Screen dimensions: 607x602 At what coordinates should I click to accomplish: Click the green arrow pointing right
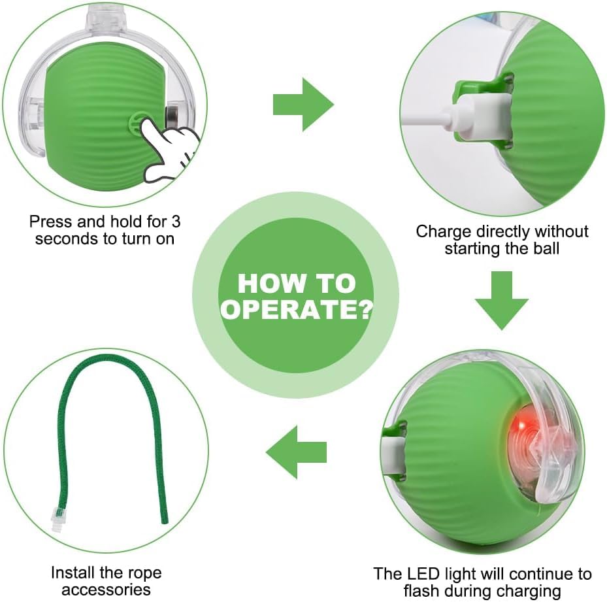tap(303, 104)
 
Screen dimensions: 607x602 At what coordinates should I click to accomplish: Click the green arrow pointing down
tap(502, 300)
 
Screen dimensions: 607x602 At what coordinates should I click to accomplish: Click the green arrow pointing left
tap(296, 452)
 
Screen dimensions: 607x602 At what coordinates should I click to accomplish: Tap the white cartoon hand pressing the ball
tap(171, 149)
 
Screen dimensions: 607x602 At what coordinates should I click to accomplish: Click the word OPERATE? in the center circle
tap(297, 309)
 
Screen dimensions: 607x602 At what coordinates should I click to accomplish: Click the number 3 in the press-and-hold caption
tap(176, 222)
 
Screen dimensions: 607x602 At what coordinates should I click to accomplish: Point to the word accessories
tap(106, 590)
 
